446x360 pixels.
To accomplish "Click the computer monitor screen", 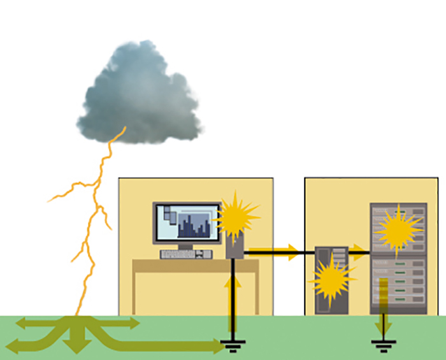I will [x=187, y=223].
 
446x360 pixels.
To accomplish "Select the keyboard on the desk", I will [x=186, y=254].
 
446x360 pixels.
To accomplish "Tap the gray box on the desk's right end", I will [x=234, y=246].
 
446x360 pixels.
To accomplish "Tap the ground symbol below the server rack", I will [x=383, y=348].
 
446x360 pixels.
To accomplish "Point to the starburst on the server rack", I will [x=398, y=229].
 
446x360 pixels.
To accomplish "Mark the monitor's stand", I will [x=186, y=247].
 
